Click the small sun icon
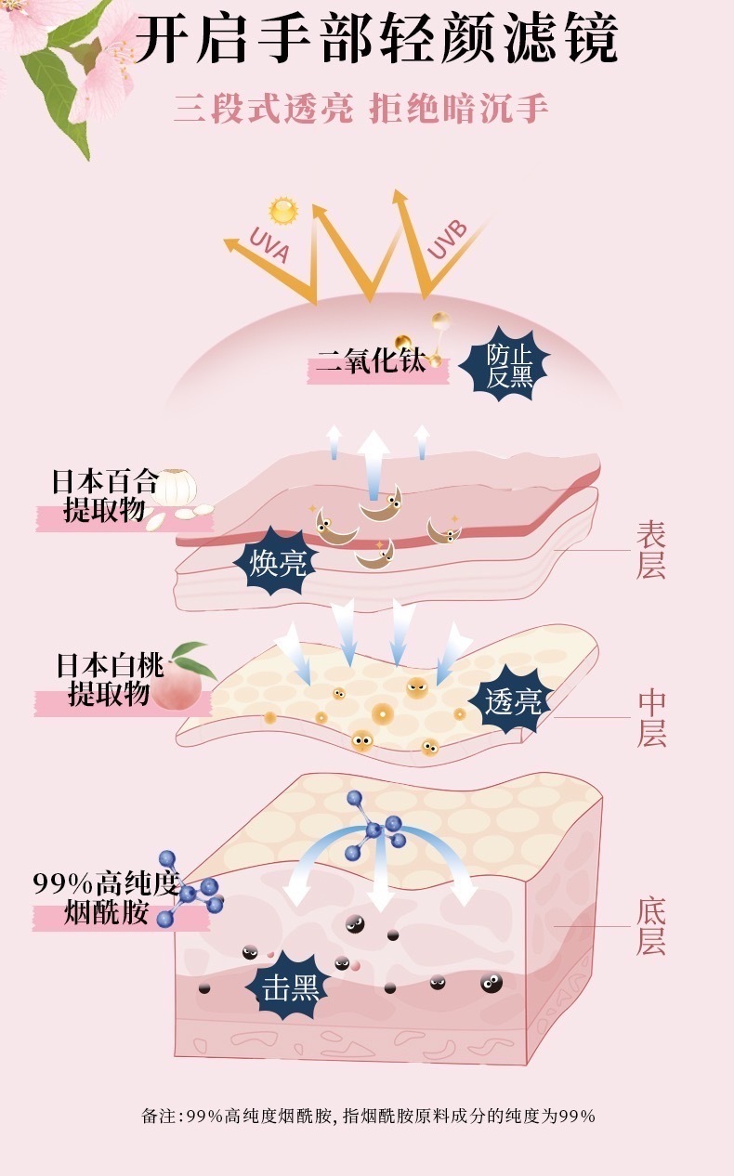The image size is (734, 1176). tap(283, 211)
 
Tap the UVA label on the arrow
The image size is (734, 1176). tap(269, 244)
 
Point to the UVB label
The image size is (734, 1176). tap(448, 240)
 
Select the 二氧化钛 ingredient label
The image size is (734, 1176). tap(372, 361)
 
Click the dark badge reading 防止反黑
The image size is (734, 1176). tap(505, 364)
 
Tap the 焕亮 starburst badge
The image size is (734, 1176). tap(276, 563)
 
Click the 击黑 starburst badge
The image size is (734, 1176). tap(290, 989)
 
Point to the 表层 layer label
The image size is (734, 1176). tap(651, 550)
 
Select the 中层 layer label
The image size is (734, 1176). tap(651, 718)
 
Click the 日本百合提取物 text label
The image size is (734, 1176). tap(104, 496)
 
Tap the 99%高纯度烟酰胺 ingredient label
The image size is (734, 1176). tap(106, 897)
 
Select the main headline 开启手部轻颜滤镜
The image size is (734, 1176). tap(376, 40)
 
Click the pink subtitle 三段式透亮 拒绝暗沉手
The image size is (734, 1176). tap(360, 110)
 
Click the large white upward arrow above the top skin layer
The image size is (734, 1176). tap(374, 465)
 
